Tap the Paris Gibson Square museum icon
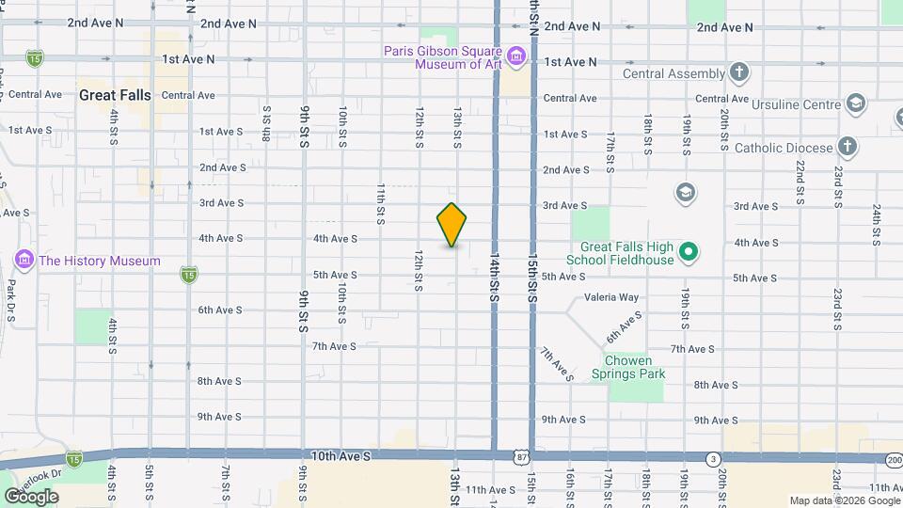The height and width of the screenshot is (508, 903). pos(515,58)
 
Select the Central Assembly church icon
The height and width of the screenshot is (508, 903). pos(739,73)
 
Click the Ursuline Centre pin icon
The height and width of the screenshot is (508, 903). pos(855,103)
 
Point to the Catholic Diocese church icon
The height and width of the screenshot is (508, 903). pos(848,147)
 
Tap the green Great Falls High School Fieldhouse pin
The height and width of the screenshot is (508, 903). pos(688,251)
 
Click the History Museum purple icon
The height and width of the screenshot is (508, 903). pos(24,260)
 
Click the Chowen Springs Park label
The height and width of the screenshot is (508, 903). pos(635,367)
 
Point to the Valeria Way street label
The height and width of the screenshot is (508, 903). pos(611,297)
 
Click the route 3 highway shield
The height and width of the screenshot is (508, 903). pos(714,458)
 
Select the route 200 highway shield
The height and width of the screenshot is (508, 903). pos(893,458)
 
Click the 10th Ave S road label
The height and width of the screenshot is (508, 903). pos(341,455)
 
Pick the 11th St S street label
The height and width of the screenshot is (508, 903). pos(381,203)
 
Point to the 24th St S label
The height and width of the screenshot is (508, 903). pos(876,221)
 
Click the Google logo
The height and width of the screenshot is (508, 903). pos(31,496)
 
